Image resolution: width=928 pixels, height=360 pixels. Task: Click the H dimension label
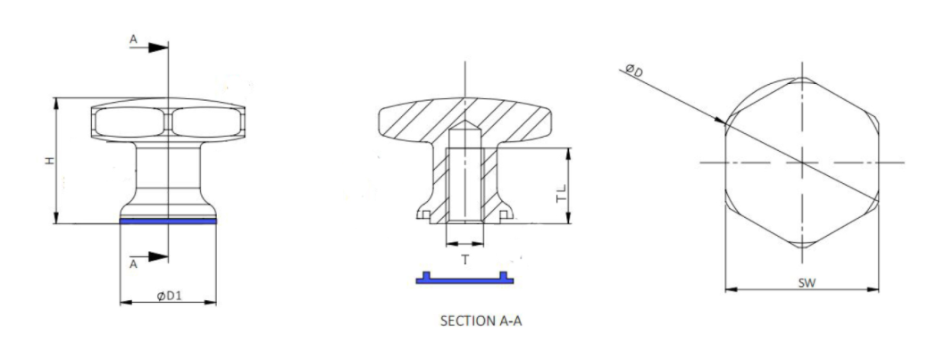click(x=51, y=161)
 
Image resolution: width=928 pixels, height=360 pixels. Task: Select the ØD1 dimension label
click(x=170, y=296)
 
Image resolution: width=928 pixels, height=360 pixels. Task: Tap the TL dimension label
click(x=562, y=194)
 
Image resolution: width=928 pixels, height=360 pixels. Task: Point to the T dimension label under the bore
click(x=465, y=259)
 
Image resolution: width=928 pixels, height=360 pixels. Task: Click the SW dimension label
click(x=807, y=282)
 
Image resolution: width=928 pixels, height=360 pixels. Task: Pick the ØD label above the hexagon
click(x=634, y=71)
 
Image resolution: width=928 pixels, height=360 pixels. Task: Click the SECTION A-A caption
click(x=481, y=321)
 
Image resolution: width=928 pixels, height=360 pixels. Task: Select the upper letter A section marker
click(x=133, y=39)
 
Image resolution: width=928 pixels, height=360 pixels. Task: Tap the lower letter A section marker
click(x=133, y=264)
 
